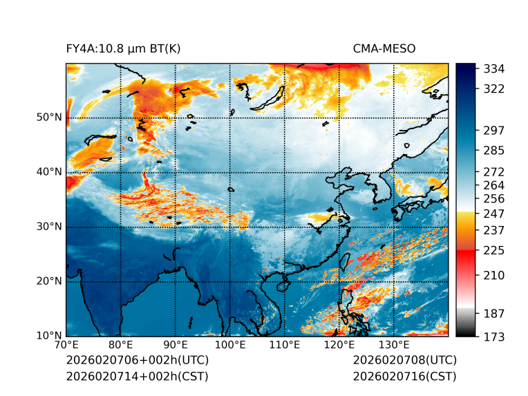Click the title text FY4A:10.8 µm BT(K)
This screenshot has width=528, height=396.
pos(123,49)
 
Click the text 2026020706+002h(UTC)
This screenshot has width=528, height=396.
pos(137,361)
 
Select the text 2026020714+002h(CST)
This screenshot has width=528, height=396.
pos(137,377)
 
